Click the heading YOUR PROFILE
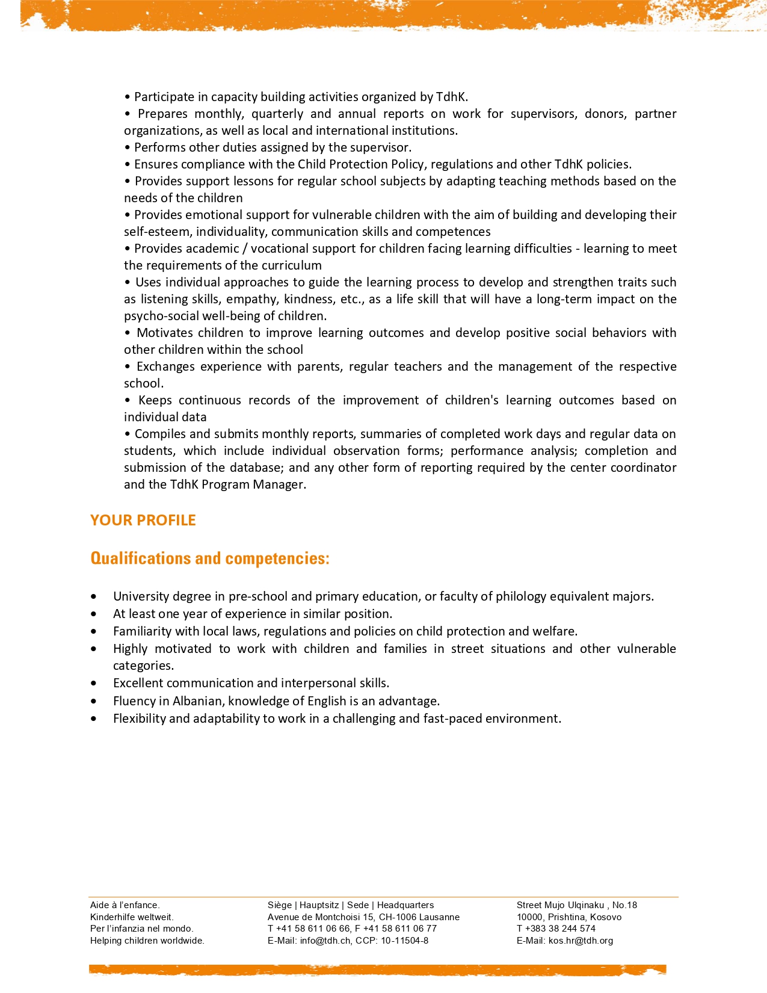143,521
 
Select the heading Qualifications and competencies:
210,558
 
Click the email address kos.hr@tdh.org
581,941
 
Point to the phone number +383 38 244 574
560,929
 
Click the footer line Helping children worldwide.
147,941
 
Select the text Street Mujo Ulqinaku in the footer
560,905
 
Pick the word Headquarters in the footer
405,905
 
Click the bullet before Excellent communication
93,684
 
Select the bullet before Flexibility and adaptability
93,719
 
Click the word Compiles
158,434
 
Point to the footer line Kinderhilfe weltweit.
132,917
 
